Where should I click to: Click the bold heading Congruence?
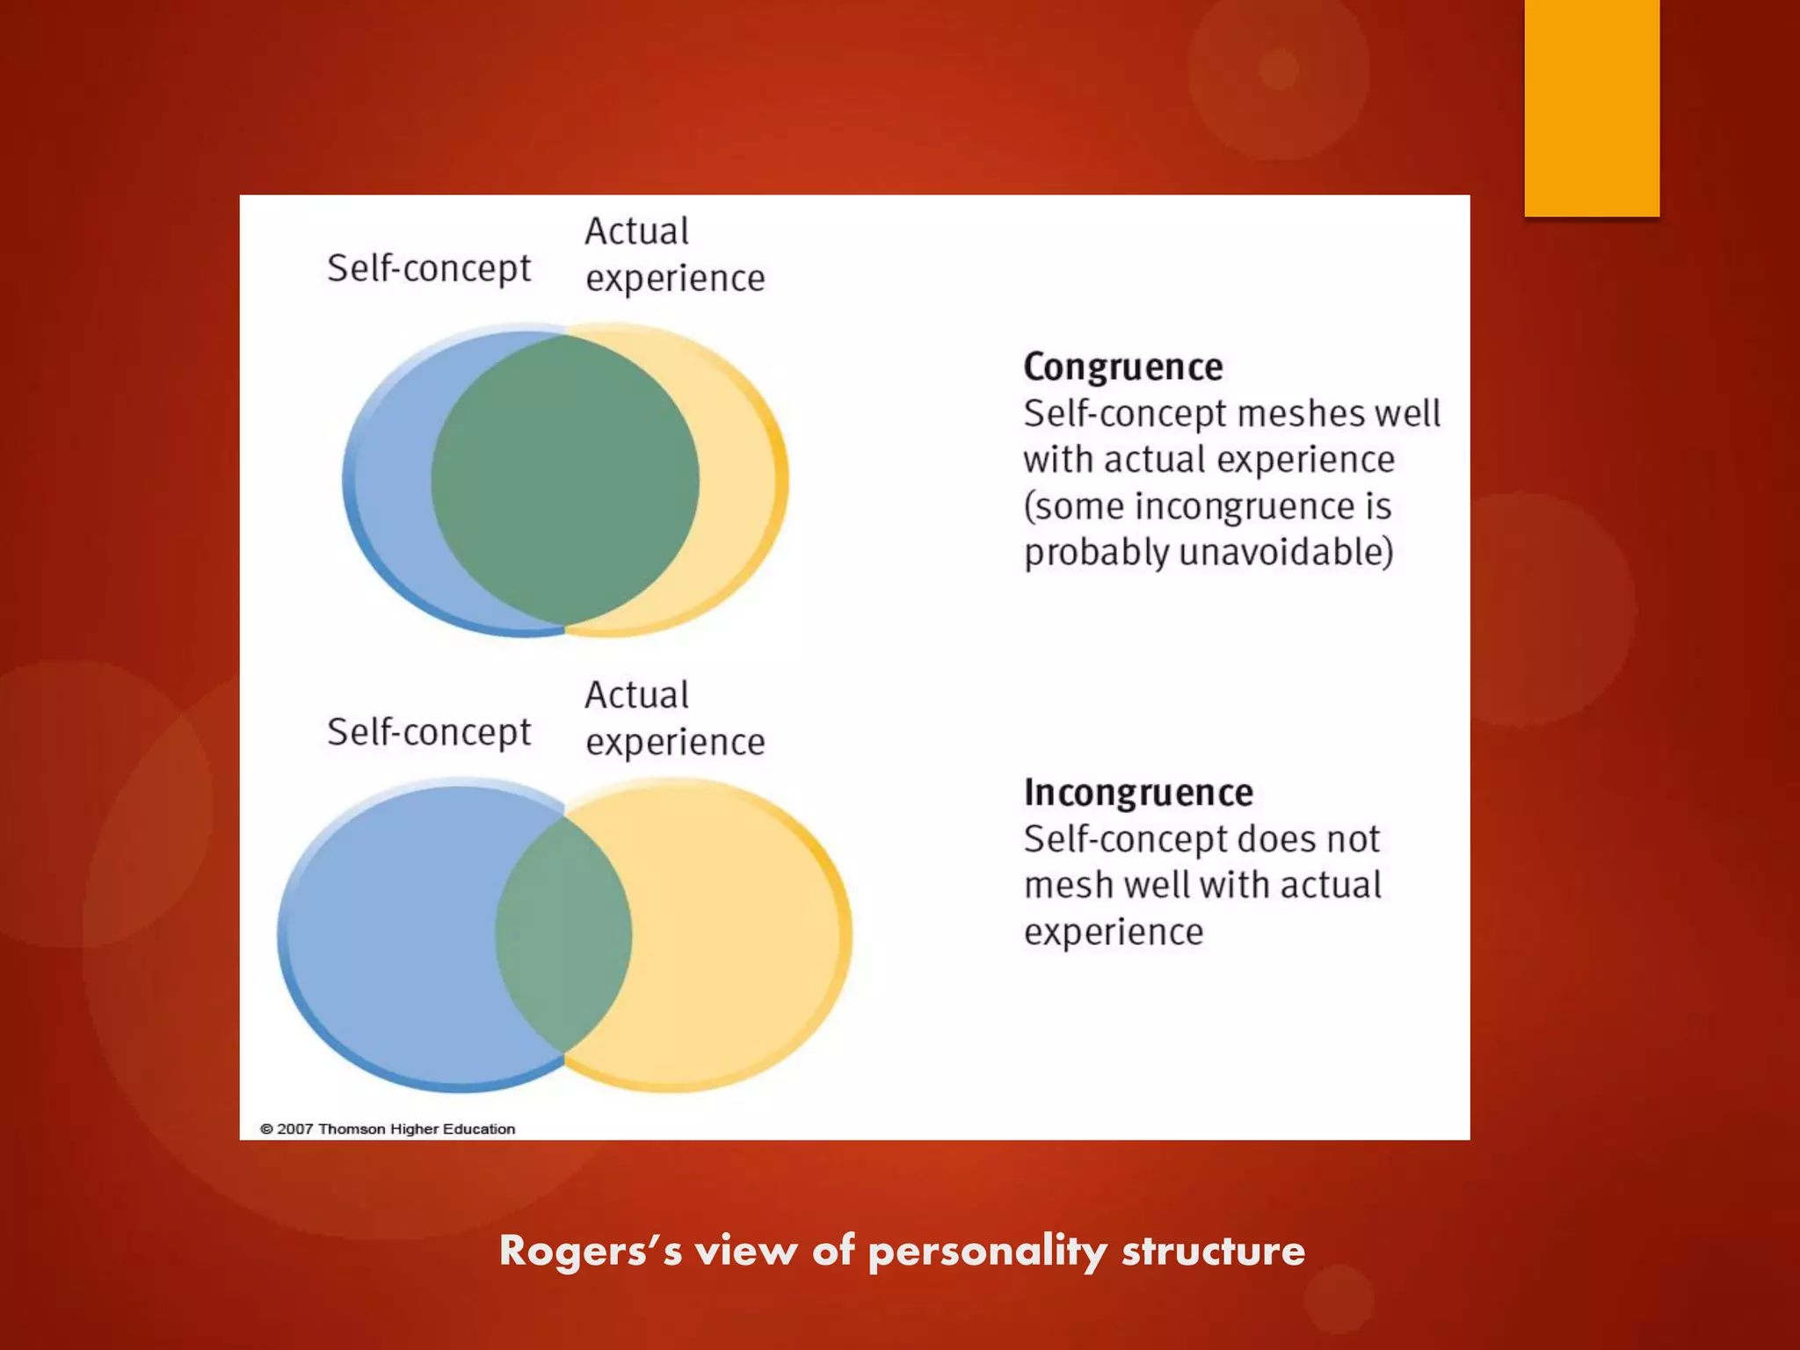(1122, 367)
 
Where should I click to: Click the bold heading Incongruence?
(1138, 793)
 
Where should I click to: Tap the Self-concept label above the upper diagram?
(429, 268)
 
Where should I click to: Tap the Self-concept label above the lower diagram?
(429, 732)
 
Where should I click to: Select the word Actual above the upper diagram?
(637, 232)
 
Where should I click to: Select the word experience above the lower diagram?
(675, 743)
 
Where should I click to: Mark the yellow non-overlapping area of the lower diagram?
(738, 933)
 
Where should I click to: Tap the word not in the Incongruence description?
(1354, 839)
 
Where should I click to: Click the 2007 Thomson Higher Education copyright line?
(388, 1129)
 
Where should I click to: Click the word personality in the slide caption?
(987, 1252)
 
